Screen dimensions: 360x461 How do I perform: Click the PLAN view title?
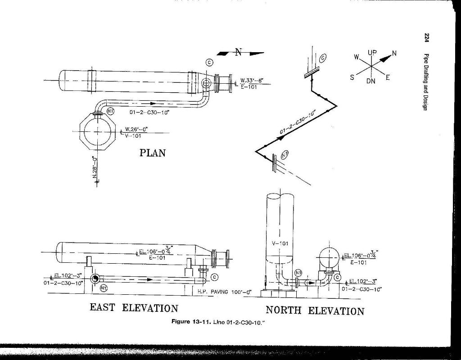(x=152, y=153)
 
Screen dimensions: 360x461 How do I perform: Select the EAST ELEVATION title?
(x=134, y=308)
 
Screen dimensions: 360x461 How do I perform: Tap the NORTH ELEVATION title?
(x=315, y=310)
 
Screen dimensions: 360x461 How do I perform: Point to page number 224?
(x=426, y=38)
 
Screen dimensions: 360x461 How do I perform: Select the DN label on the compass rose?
(x=371, y=81)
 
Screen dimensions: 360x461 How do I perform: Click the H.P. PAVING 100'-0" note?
(x=225, y=292)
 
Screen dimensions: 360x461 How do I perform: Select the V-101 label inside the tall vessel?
(x=280, y=243)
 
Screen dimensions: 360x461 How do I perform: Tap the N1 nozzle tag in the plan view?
(x=110, y=111)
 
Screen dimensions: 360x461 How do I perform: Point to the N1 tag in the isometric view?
(x=285, y=155)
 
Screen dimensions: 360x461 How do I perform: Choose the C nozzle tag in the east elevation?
(x=214, y=277)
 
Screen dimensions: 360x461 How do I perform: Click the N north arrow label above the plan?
(x=238, y=52)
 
